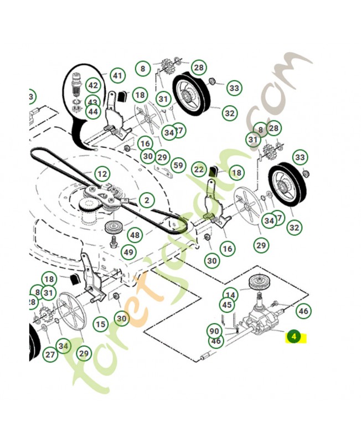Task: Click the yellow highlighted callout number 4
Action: click(295, 336)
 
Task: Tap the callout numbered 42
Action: click(92, 86)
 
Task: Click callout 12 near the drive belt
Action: click(101, 174)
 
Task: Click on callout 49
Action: click(128, 253)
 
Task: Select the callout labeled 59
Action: click(178, 165)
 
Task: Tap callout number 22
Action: click(199, 169)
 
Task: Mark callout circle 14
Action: click(230, 295)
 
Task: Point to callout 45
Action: click(227, 305)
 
